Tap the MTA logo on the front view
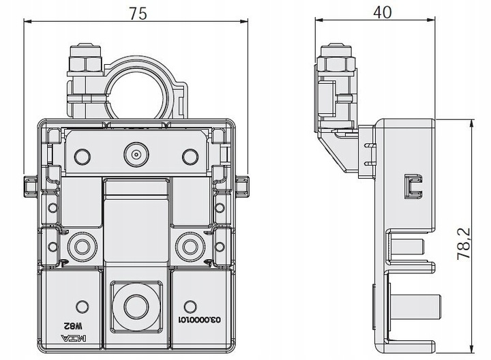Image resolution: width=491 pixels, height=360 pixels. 80,336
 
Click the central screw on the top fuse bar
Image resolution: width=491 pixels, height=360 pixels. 136,155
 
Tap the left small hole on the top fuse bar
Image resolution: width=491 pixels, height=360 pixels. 83,155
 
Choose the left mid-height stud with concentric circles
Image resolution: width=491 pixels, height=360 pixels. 83,246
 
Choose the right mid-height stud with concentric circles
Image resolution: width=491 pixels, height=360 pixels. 189,246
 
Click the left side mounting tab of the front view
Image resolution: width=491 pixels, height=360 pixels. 29,185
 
